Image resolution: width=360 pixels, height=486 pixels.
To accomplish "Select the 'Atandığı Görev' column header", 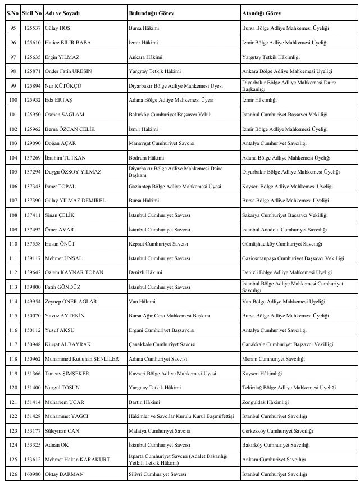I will click(x=261, y=13).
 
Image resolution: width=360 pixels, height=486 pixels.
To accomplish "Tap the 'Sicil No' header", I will click(x=32, y=13).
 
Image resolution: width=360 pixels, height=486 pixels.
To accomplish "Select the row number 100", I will click(x=12, y=100).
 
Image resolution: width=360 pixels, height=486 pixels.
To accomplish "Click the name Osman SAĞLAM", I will click(x=64, y=114).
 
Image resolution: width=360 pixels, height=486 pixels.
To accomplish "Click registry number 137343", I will click(x=32, y=187).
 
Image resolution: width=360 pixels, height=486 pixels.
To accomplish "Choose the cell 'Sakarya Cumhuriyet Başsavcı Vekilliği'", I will click(x=284, y=215).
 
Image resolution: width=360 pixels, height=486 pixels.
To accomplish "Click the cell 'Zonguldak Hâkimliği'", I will click(x=265, y=402).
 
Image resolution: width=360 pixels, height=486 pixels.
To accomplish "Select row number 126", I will click(x=12, y=475).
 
